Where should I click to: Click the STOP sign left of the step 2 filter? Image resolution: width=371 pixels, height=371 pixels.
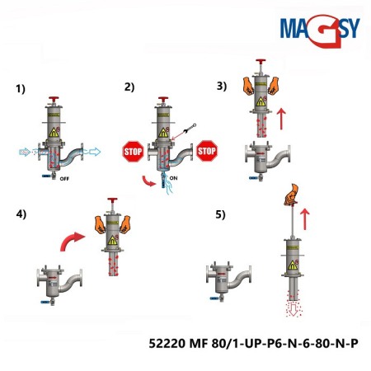pyautogui.click(x=133, y=152)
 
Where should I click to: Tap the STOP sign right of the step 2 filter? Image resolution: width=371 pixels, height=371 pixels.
pyautogui.click(x=207, y=152)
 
